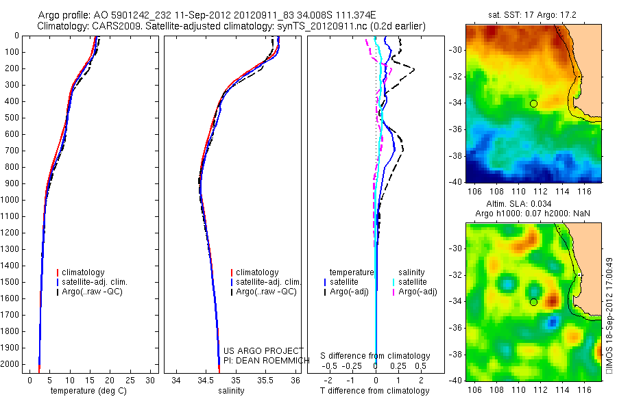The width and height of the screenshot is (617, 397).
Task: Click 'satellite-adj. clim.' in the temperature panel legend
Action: [x=95, y=282]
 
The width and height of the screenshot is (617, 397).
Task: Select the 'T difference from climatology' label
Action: [x=376, y=391]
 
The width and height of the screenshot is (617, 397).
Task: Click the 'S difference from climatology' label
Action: [x=376, y=356]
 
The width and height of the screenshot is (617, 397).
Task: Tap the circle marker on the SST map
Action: [x=533, y=103]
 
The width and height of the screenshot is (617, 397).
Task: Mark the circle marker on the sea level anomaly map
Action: [x=533, y=302]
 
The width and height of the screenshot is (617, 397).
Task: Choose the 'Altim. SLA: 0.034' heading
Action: [x=533, y=204]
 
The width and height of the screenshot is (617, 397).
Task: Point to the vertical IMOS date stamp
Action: [x=609, y=316]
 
